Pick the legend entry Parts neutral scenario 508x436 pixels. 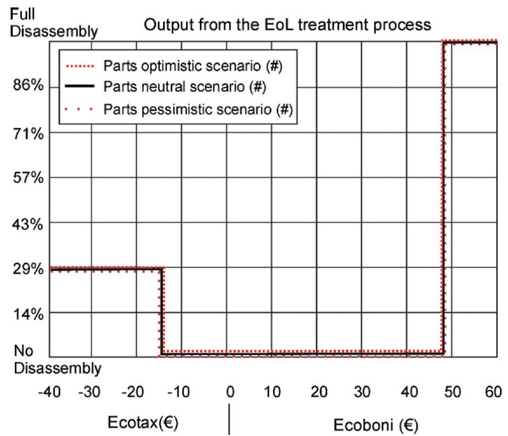point(185,86)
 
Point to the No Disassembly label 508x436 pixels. point(57,359)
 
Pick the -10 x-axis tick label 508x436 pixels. point(181,393)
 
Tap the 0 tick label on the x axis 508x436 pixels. point(230,393)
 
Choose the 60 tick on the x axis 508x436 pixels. point(493,393)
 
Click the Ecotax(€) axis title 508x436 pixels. point(142,424)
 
